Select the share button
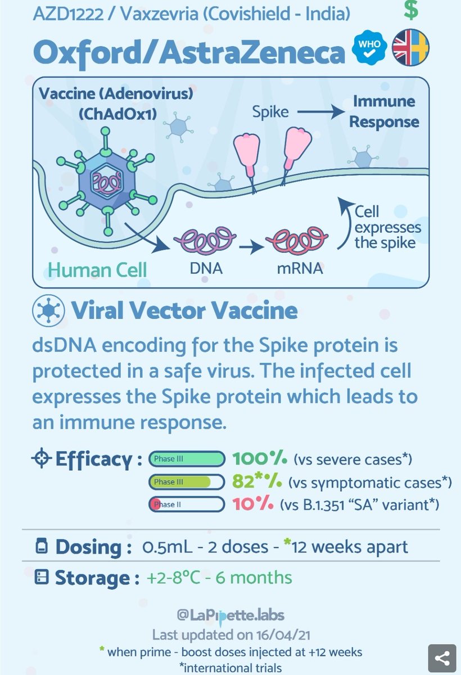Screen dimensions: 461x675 (x=442, y=656)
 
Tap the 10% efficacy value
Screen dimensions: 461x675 (x=253, y=504)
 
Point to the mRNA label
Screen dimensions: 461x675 (x=299, y=269)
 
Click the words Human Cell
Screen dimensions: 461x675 (x=97, y=269)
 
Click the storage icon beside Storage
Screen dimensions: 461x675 (x=41, y=578)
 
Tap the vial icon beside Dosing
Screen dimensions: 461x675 (x=41, y=546)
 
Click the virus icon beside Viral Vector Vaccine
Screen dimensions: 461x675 (x=45, y=311)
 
